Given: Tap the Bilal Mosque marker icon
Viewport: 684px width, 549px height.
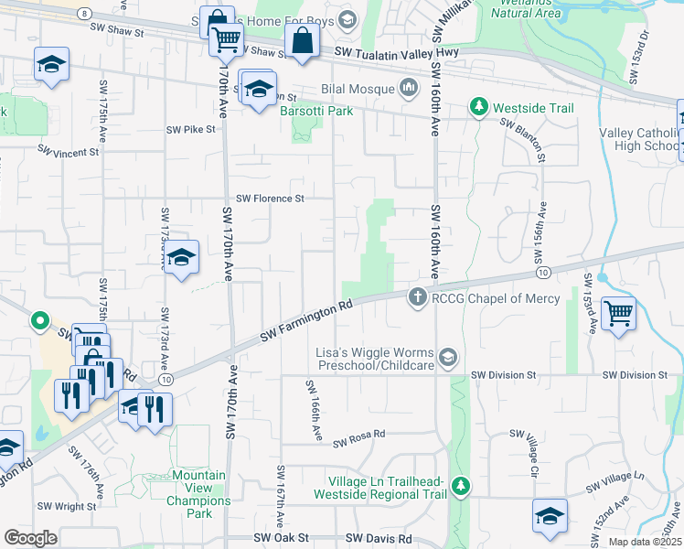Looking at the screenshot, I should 409,89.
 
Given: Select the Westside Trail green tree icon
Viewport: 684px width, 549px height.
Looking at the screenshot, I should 478,108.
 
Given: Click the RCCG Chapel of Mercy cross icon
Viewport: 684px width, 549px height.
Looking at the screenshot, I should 417,297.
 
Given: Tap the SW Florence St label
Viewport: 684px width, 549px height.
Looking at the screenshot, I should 270,198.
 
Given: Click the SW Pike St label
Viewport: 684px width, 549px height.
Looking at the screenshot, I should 190,129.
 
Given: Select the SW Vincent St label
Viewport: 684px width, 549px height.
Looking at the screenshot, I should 69,152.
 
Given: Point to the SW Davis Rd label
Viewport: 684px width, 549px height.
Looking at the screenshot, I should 379,540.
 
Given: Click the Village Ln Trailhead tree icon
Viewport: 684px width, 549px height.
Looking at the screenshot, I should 462,483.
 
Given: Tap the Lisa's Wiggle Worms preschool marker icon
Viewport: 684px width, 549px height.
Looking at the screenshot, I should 447,356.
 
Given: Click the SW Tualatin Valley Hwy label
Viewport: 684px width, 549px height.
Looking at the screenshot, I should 400,53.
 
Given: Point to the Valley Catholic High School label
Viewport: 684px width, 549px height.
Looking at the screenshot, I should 638,139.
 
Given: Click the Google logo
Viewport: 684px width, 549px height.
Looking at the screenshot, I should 30,538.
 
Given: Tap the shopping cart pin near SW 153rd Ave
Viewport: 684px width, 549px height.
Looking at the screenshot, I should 619,314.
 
